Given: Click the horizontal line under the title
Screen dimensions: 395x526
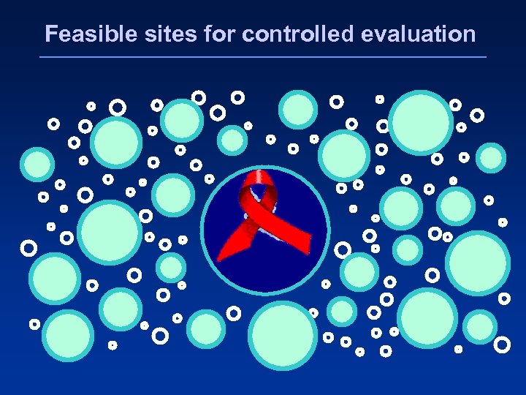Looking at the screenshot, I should [263, 57].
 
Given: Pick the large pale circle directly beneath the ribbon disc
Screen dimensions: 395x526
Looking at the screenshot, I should [283, 336].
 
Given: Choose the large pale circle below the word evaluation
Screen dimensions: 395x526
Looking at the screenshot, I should [421, 121].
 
